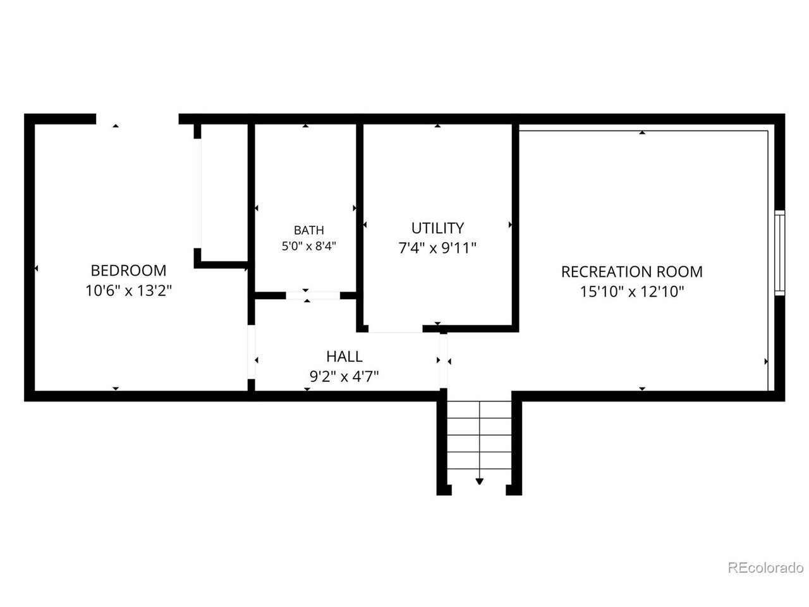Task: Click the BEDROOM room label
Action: [x=128, y=271]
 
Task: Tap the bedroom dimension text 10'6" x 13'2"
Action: [x=129, y=291]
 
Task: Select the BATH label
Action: [x=308, y=230]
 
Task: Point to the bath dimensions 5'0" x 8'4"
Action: [x=309, y=246]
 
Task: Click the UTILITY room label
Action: [x=437, y=228]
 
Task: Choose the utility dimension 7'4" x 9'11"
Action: [x=437, y=248]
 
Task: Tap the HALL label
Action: [x=344, y=357]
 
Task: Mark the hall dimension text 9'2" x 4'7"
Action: [x=344, y=377]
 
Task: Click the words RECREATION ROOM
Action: [x=632, y=272]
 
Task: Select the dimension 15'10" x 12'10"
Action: [x=632, y=292]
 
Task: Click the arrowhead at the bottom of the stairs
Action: [x=479, y=481]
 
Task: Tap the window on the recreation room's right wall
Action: [x=779, y=253]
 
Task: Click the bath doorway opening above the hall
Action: [x=313, y=295]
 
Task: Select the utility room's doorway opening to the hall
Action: [x=396, y=329]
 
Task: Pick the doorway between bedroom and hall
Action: [x=252, y=352]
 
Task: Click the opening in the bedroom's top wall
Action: [x=138, y=119]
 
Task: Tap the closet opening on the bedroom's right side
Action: [x=198, y=193]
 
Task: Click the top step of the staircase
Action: [x=479, y=410]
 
